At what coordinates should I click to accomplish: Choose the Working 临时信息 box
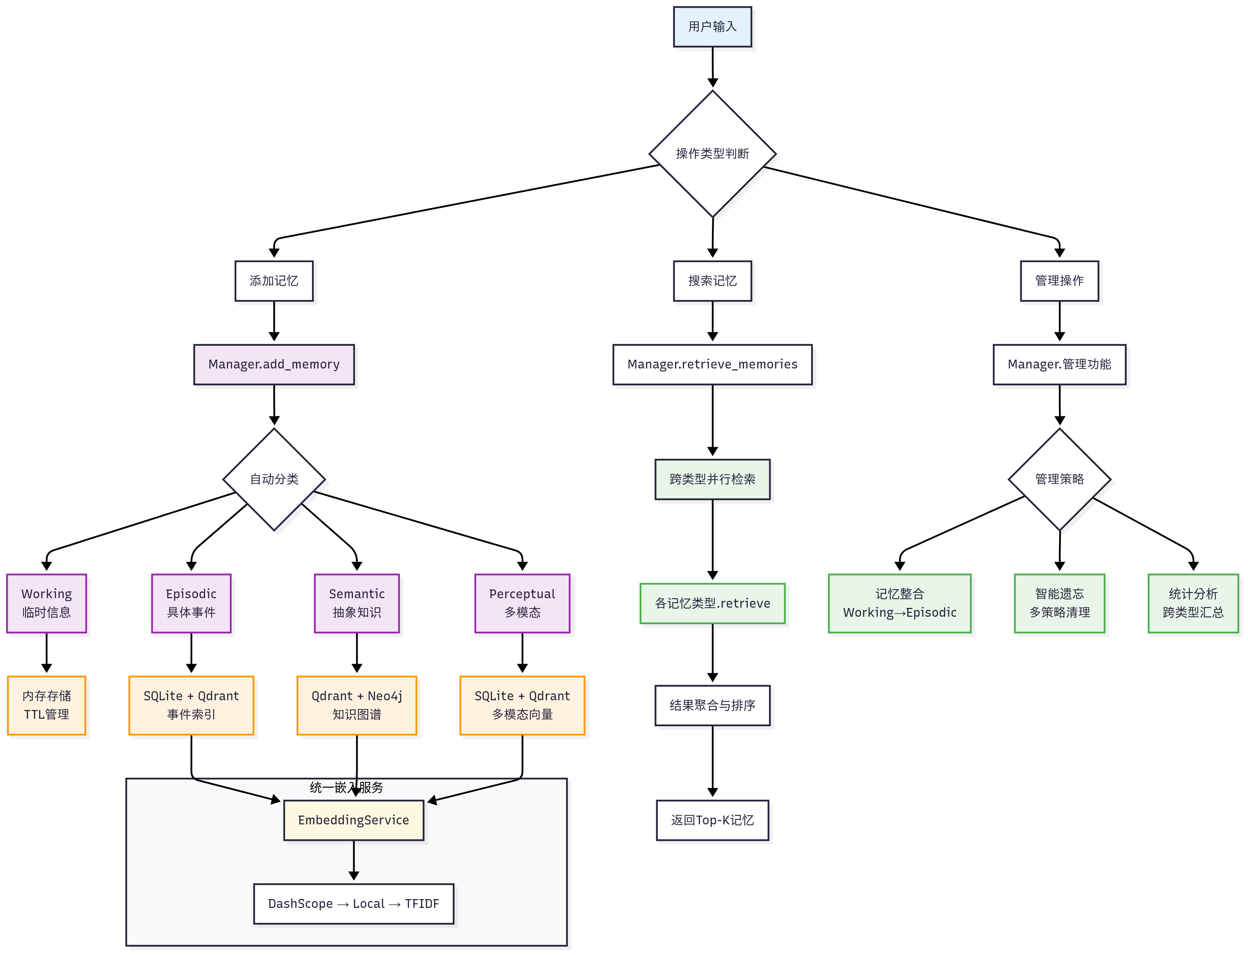click(46, 603)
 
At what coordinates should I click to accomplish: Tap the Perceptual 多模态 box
click(522, 603)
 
